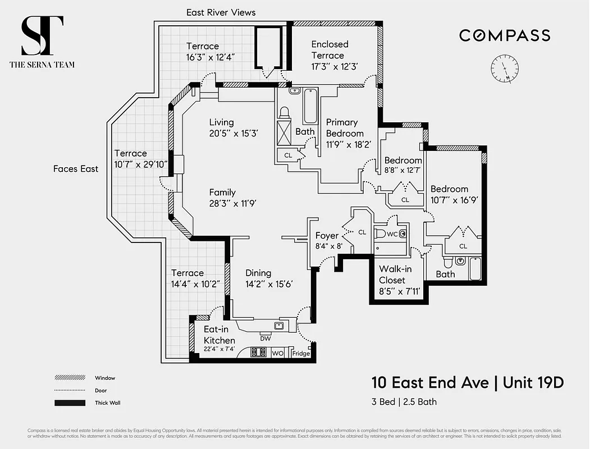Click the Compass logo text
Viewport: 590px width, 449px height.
505,35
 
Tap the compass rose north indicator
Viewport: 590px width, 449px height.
505,69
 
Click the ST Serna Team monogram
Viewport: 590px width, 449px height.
42,36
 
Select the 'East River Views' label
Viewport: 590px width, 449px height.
221,12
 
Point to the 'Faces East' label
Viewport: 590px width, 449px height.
76,168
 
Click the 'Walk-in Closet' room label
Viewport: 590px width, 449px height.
395,274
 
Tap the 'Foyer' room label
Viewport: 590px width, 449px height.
327,236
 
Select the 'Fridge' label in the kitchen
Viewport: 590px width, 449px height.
301,354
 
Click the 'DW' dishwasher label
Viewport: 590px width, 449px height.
266,338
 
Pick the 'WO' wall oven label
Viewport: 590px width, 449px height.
277,354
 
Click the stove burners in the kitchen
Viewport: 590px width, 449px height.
258,353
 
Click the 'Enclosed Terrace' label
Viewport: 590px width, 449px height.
330,49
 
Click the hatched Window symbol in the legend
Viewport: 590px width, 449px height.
70,378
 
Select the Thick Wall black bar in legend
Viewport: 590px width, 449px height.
70,402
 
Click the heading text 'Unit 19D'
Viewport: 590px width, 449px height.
533,383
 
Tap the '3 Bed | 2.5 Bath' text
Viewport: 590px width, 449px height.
404,401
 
